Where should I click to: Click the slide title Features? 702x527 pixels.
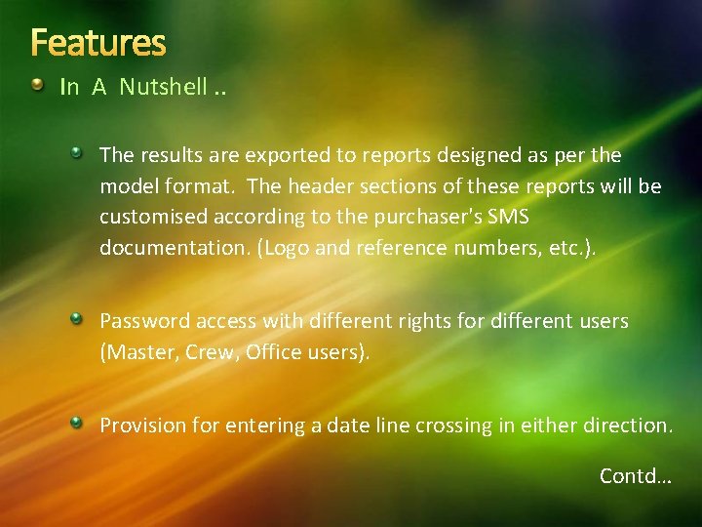(x=97, y=43)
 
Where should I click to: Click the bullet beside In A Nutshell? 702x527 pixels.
(x=36, y=86)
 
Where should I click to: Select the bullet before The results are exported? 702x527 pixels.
(x=76, y=152)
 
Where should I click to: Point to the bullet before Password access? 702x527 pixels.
(x=76, y=318)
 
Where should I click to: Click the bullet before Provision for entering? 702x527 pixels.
(x=76, y=422)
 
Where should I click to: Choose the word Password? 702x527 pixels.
(x=146, y=321)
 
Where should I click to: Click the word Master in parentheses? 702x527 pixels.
(x=136, y=352)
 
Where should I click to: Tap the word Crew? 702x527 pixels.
(x=208, y=352)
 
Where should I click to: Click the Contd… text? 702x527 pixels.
(x=635, y=476)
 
